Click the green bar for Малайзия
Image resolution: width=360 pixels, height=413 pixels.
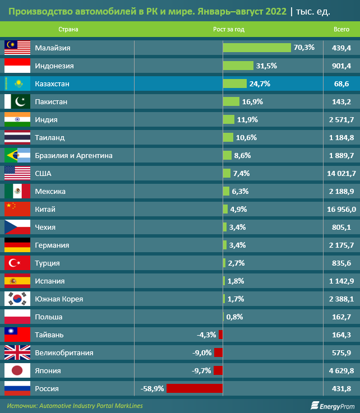(x=257, y=48)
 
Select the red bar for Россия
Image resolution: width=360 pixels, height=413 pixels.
(x=194, y=388)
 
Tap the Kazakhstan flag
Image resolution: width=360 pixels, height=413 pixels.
(x=17, y=84)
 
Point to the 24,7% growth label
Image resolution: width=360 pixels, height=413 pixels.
(x=260, y=84)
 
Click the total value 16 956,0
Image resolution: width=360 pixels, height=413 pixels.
(x=341, y=210)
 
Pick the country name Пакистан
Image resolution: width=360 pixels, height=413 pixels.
(x=51, y=102)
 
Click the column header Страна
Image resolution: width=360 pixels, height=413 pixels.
(x=68, y=29)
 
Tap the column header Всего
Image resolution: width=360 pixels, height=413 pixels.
(x=341, y=29)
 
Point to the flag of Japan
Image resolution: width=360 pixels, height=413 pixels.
(x=17, y=371)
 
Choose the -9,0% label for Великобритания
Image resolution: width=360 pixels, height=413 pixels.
(x=201, y=353)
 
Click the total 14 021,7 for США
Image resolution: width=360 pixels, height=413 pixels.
(x=341, y=174)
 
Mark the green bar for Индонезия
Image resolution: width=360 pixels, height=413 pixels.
(x=238, y=66)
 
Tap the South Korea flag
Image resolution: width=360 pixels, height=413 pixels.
(x=17, y=299)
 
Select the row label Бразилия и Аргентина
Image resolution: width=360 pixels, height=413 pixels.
(x=73, y=156)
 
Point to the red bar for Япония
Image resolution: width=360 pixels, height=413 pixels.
(x=218, y=371)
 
